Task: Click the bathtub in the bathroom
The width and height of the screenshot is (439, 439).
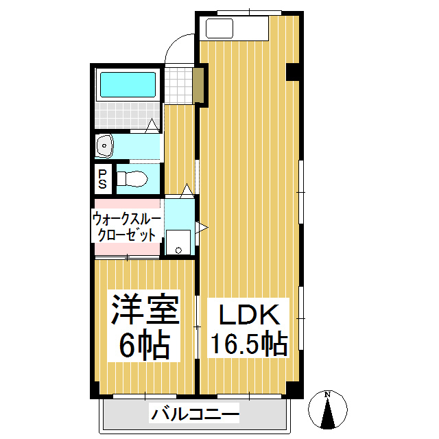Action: (x=128, y=85)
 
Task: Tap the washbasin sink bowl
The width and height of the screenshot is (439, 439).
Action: (x=105, y=145)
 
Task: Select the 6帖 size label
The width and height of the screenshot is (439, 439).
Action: (x=145, y=346)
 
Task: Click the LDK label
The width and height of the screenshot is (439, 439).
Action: (x=249, y=315)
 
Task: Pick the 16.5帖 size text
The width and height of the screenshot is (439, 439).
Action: (x=249, y=344)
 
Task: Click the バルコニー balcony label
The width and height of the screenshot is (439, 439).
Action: (x=195, y=414)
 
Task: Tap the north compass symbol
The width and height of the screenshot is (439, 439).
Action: (x=328, y=410)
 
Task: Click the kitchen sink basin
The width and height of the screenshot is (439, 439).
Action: (x=220, y=29)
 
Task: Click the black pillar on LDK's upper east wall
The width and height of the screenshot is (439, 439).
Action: (x=294, y=71)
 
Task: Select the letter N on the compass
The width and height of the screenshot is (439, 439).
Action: (x=328, y=394)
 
